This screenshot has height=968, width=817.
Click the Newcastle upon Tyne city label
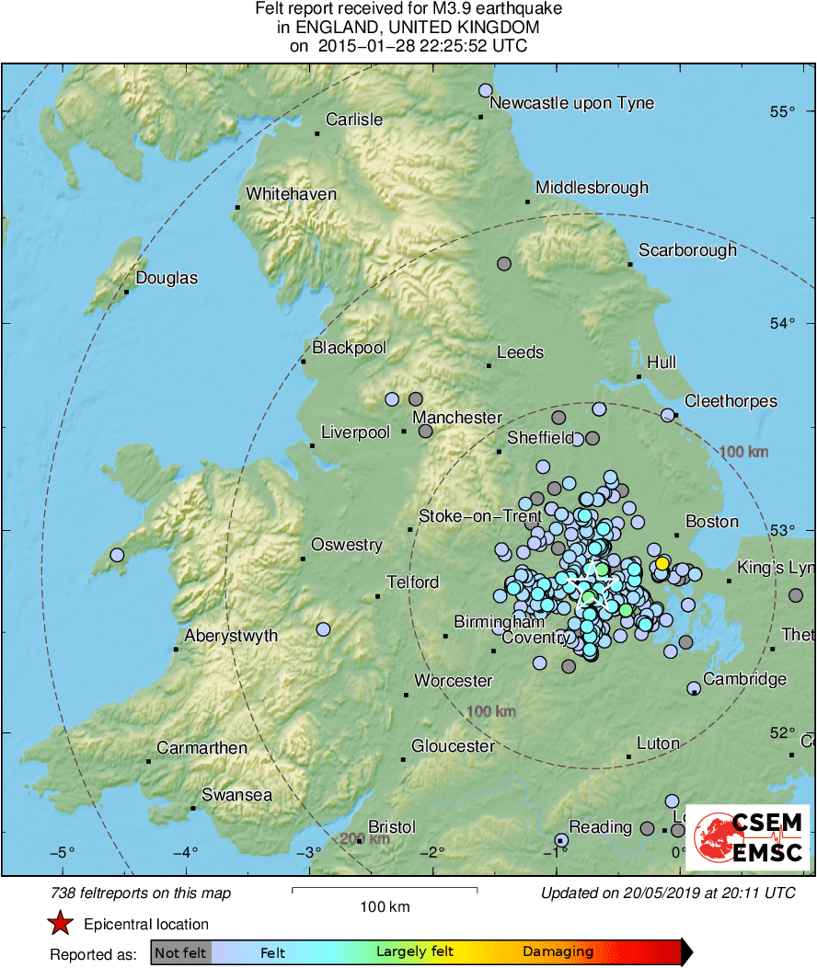coord(571,103)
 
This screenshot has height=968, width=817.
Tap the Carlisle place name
coord(354,120)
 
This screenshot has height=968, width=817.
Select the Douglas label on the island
coord(167,278)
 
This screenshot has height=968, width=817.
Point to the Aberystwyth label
coord(231,636)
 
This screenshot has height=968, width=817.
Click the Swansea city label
coord(236,794)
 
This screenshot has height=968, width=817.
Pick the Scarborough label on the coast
coord(687,250)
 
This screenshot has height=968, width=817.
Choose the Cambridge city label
coord(744,679)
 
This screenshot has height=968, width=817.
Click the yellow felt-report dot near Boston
coord(662,563)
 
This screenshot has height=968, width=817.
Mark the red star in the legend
coord(61,923)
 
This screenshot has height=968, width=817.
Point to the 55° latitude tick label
coord(782,112)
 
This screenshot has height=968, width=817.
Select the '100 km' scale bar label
coord(384,907)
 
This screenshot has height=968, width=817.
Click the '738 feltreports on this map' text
coord(141,893)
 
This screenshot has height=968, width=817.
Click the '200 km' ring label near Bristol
coord(364,838)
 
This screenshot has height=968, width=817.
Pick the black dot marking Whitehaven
coord(237,207)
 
